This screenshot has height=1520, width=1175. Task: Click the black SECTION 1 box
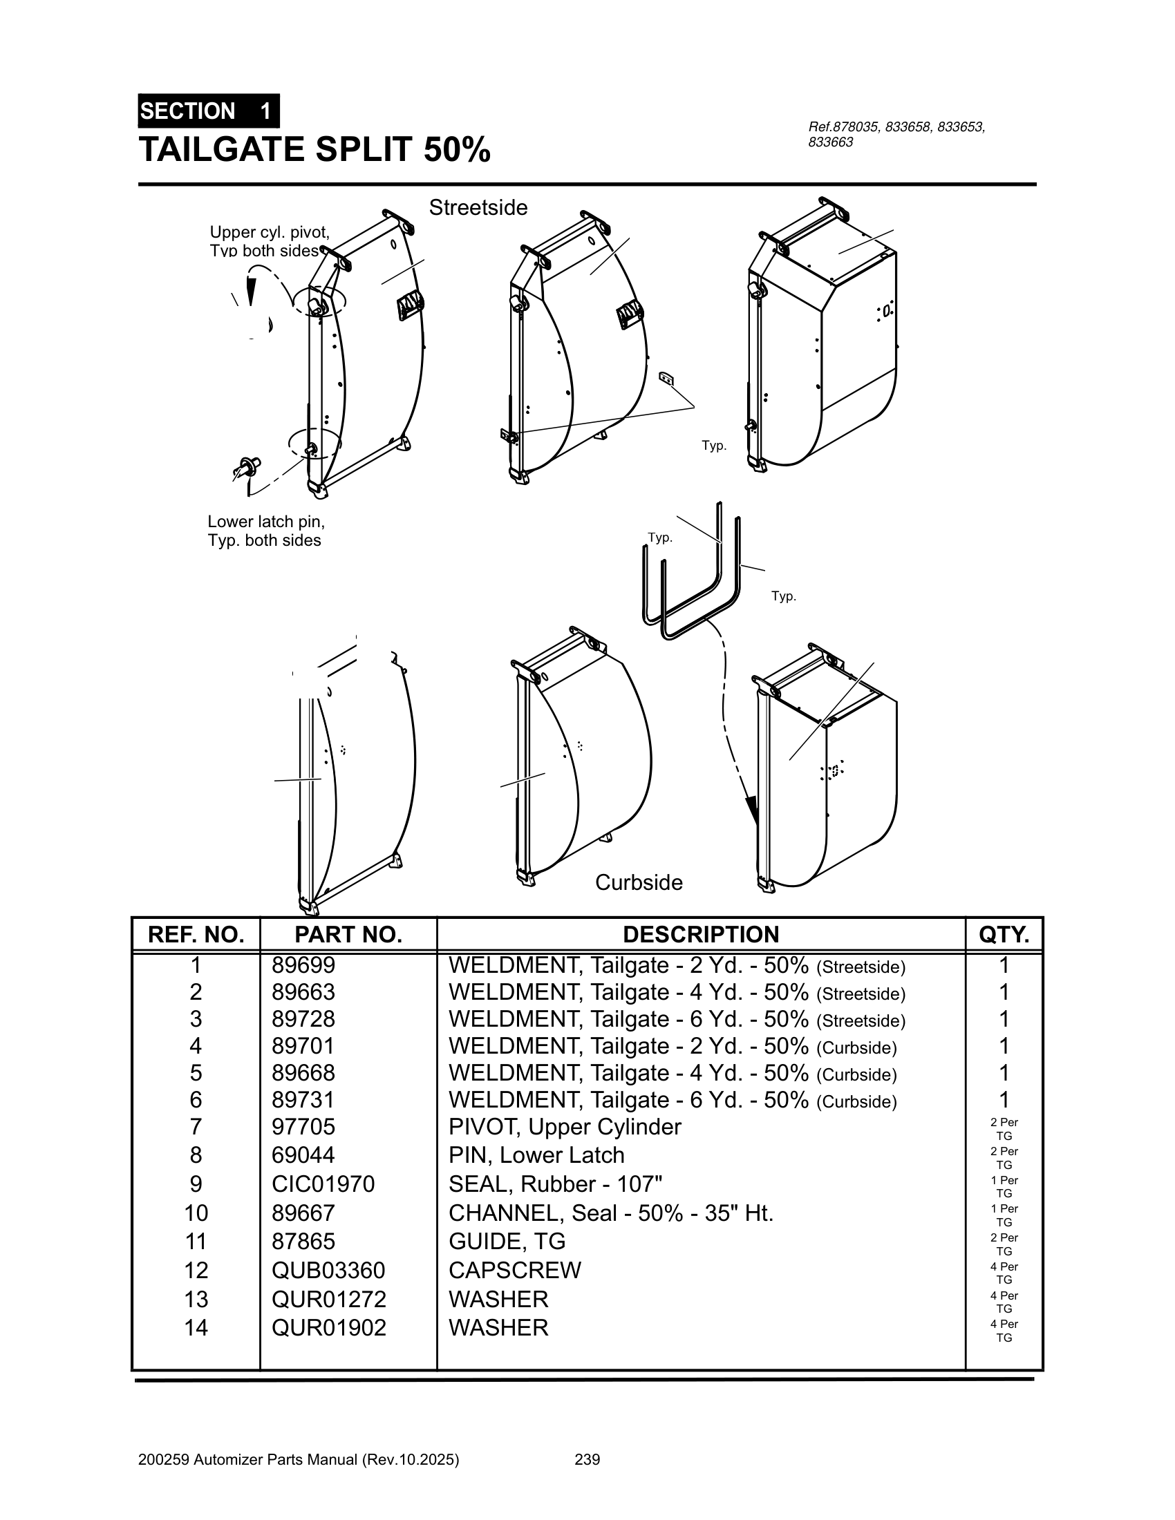[x=208, y=111]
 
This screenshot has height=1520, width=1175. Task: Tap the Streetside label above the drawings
[x=478, y=207]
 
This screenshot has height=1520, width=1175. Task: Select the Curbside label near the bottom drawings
[x=639, y=882]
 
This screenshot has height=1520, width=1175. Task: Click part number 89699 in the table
[x=303, y=965]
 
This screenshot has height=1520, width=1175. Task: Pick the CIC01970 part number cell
[x=323, y=1184]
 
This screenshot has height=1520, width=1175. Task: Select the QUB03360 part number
[x=328, y=1270]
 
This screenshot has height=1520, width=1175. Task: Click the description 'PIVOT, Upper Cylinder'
[x=565, y=1127]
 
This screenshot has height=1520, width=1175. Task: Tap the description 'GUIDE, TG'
[x=507, y=1241]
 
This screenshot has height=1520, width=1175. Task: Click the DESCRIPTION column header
[x=700, y=935]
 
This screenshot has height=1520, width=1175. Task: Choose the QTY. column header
[x=1004, y=935]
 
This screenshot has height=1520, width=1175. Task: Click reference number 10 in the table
[x=196, y=1213]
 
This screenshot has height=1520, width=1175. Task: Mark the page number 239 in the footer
[x=587, y=1459]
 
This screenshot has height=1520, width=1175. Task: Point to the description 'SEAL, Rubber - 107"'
[x=555, y=1184]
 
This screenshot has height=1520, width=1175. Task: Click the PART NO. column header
[x=348, y=935]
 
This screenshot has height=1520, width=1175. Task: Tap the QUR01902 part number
[x=328, y=1328]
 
